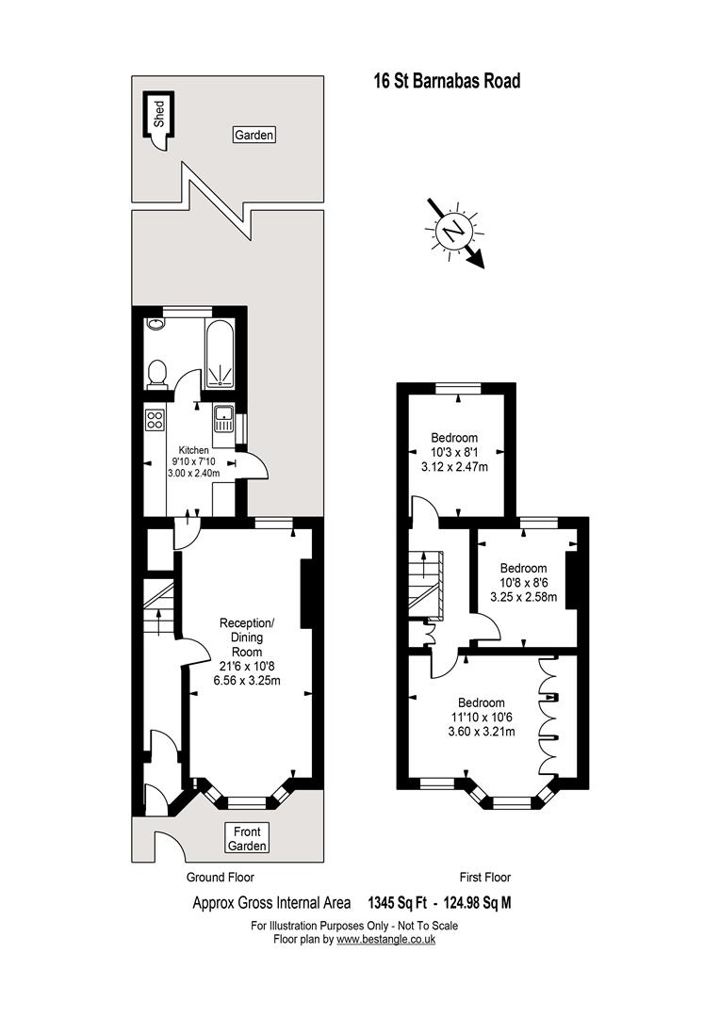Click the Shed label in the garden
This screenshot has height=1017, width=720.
pos(159,114)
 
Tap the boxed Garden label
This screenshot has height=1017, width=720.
pos(254,135)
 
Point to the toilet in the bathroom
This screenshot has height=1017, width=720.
pos(156,375)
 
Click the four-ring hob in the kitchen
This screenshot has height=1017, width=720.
pos(155,419)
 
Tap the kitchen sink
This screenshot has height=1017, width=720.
pos(223,418)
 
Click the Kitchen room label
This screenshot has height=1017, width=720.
pos(193,450)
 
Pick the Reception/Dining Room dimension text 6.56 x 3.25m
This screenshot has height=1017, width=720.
pos(247,681)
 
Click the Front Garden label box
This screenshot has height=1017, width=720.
pos(247,839)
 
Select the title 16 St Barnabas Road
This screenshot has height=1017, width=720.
pos(448,81)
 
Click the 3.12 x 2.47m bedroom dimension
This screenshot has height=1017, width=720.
pos(454,466)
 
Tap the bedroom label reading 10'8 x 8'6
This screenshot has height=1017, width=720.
pos(523,583)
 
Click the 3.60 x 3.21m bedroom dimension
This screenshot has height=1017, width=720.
pos(482,732)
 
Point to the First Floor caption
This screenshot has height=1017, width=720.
pos(485,878)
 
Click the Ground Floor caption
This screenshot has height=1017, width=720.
pos(221,878)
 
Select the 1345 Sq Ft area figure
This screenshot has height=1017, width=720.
pos(398,902)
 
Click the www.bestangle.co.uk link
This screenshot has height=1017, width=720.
pos(385,939)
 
